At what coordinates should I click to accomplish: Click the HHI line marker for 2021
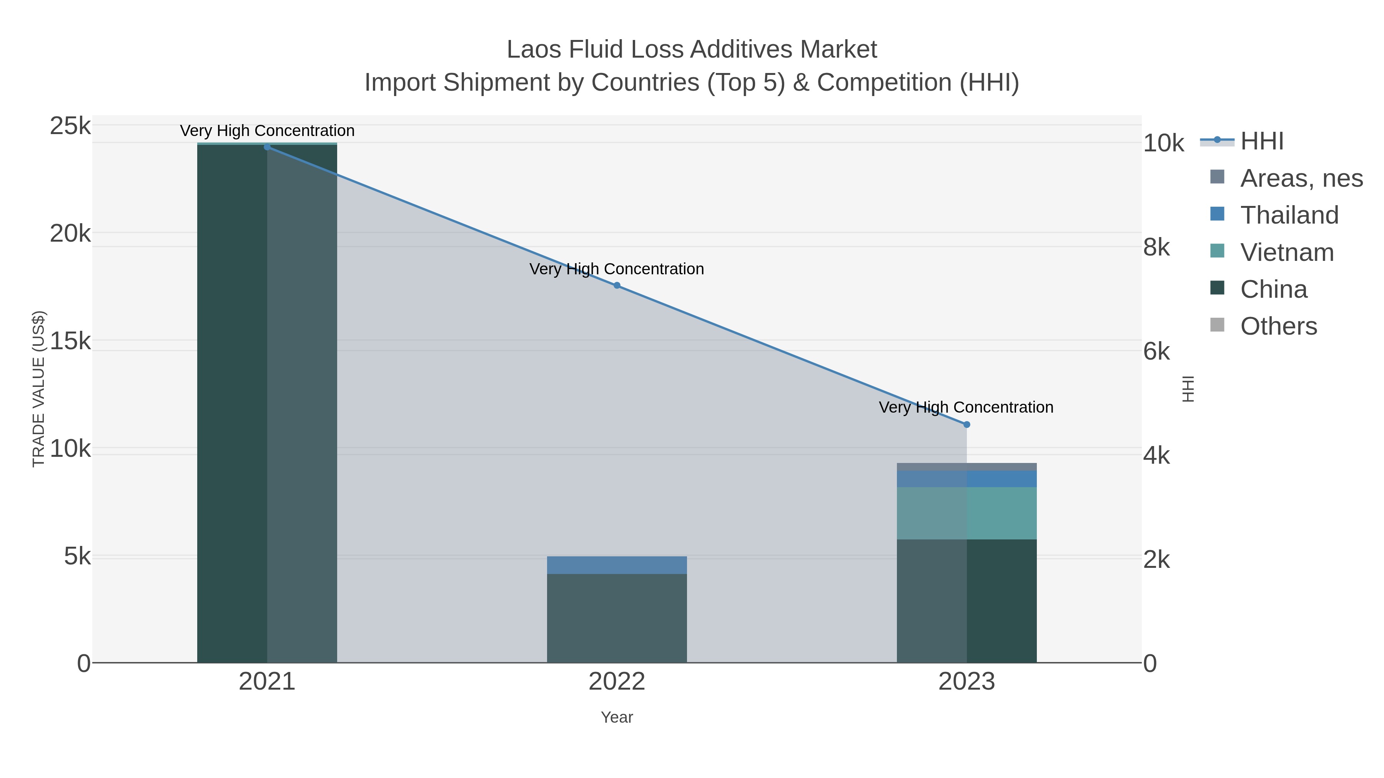[x=267, y=147]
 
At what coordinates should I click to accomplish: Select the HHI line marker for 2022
[x=617, y=285]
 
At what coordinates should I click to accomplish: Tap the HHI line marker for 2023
[x=966, y=425]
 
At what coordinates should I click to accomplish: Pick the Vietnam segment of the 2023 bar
[x=966, y=513]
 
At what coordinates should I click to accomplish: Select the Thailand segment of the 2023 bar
[x=966, y=479]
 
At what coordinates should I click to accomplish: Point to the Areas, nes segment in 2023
[x=966, y=466]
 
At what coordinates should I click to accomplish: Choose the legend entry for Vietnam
[x=1287, y=252]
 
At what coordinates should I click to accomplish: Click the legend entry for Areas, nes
[x=1301, y=178]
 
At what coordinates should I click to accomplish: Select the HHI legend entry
[x=1261, y=141]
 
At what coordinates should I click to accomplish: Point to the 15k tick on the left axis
[x=70, y=341]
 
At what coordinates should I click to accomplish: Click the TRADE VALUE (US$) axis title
[x=39, y=389]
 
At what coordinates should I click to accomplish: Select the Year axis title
[x=617, y=717]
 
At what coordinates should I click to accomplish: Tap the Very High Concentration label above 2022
[x=617, y=269]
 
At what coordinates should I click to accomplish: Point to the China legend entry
[x=1273, y=289]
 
